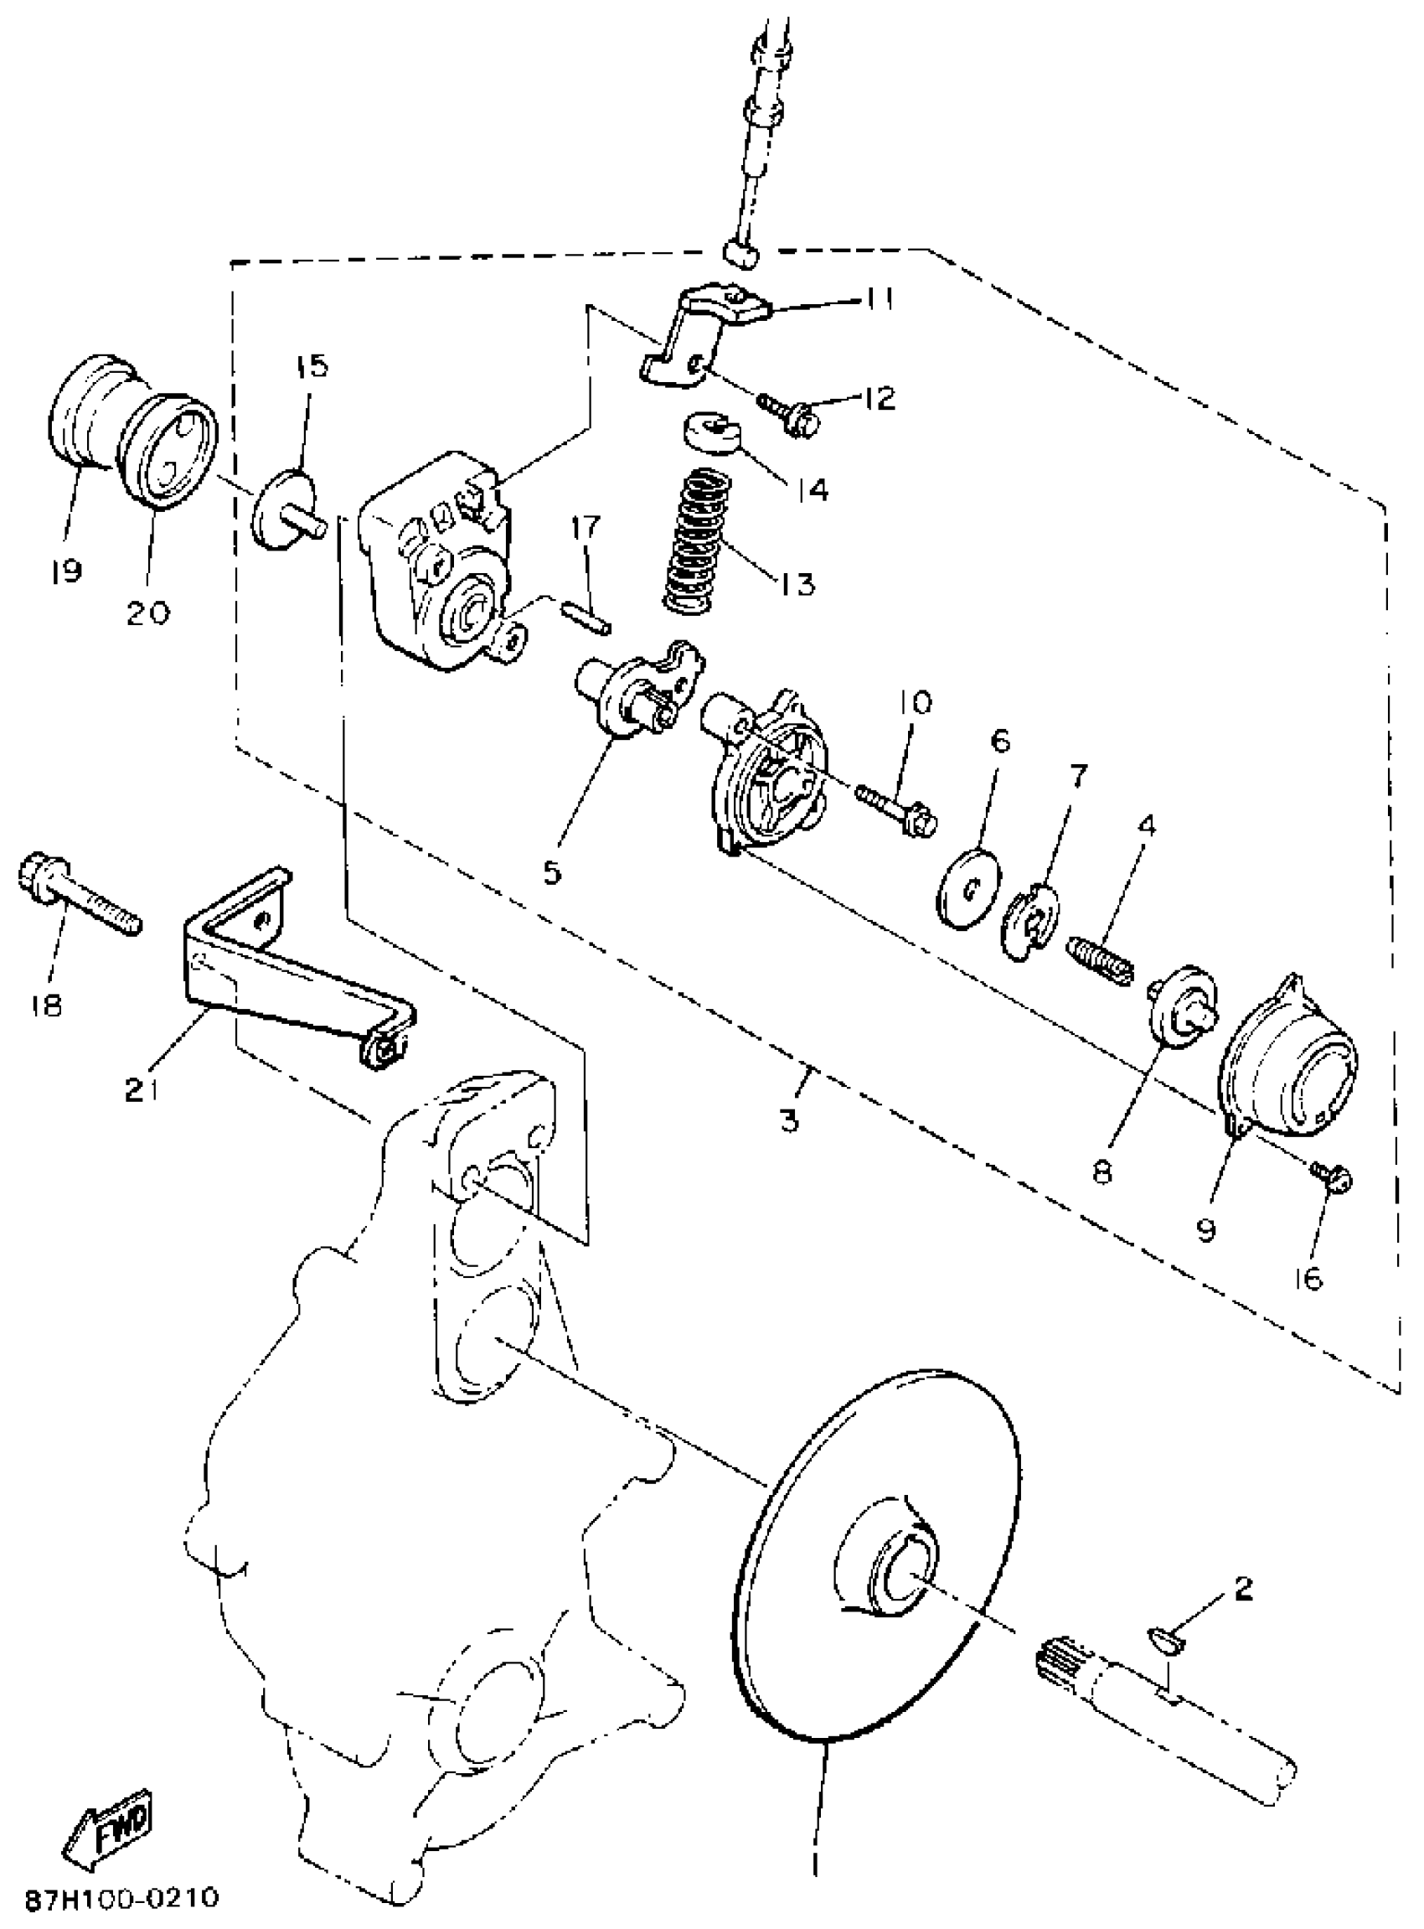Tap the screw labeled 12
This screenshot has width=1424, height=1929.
pyautogui.click(x=789, y=413)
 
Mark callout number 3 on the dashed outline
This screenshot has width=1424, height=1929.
pyautogui.click(x=790, y=1120)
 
